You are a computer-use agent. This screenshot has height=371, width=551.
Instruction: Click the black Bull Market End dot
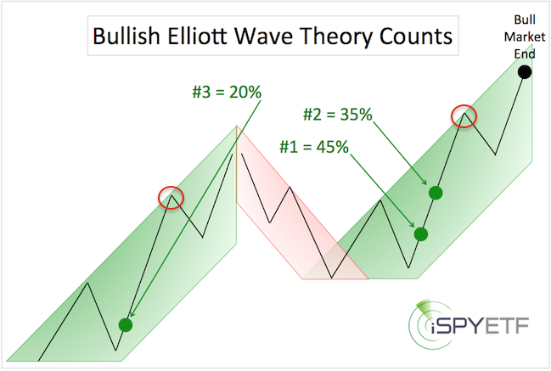point(525,72)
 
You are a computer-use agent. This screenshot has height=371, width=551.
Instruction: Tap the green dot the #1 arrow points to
point(420,234)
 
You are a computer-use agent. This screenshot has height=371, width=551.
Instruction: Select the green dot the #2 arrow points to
point(436,193)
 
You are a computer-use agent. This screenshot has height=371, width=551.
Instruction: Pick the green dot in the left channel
point(126,325)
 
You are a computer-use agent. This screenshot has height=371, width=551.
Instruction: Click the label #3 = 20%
point(227,92)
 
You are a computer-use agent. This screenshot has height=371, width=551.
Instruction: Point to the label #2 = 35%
point(338,115)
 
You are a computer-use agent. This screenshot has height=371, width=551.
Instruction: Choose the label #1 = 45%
point(314,147)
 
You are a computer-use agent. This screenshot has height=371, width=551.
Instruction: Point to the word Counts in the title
point(416,37)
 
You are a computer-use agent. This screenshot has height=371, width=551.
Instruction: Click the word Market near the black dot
point(525,37)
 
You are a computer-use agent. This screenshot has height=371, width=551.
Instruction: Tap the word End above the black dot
point(525,53)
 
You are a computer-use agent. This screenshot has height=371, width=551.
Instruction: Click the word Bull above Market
point(525,20)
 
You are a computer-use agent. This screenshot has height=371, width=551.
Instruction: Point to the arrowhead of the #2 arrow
point(424,182)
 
